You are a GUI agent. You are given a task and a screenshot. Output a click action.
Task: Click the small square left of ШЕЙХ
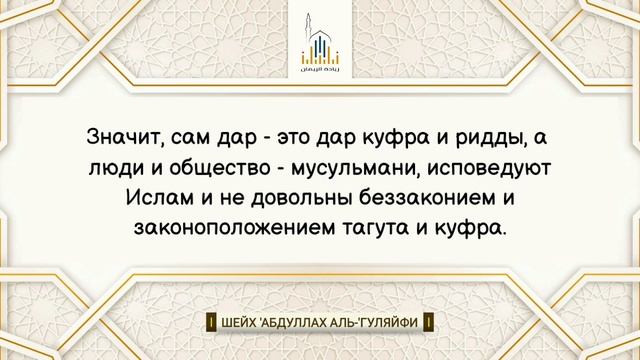click(211, 323)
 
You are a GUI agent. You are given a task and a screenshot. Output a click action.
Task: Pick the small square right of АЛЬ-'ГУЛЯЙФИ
click(429, 323)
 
